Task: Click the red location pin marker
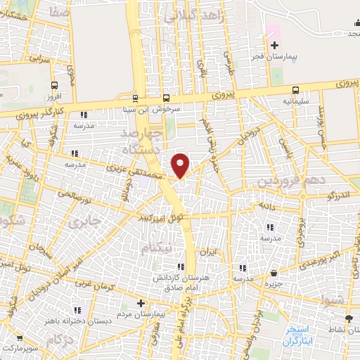coord(181,165)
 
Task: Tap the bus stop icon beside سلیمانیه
coord(295,89)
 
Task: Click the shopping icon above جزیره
coord(274,273)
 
